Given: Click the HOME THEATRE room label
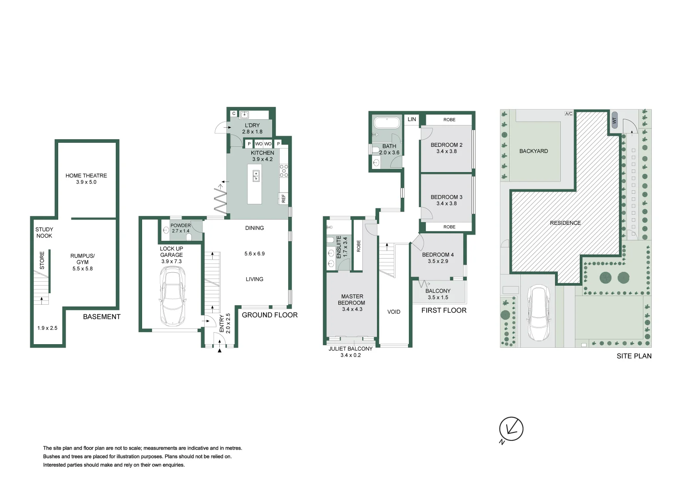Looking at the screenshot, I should tap(86, 179).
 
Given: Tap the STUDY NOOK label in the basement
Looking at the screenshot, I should tap(44, 232).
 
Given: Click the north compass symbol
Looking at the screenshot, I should tap(511, 429).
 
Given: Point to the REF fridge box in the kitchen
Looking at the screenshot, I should tap(283, 198).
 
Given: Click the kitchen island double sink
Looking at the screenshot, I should tap(256, 176).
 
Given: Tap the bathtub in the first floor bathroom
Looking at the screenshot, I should tap(387, 122).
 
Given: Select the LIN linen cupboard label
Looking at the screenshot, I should tap(412, 119).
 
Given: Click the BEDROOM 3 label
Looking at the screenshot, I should tap(446, 200).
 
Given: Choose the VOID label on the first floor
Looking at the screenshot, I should tap(393, 312).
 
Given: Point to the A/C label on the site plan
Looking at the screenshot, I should tap(568, 114).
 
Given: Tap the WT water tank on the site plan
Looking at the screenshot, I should tap(615, 120).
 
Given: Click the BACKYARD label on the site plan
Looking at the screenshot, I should tap(533, 151).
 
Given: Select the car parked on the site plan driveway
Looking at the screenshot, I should tap(538, 313).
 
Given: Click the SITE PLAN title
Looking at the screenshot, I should tap(634, 356).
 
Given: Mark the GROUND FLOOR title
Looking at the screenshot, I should tap(270, 315).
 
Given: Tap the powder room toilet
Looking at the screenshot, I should tap(189, 237).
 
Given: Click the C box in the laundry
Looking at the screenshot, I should tap(234, 114).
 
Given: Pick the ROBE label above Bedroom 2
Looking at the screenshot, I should tap(449, 120).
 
